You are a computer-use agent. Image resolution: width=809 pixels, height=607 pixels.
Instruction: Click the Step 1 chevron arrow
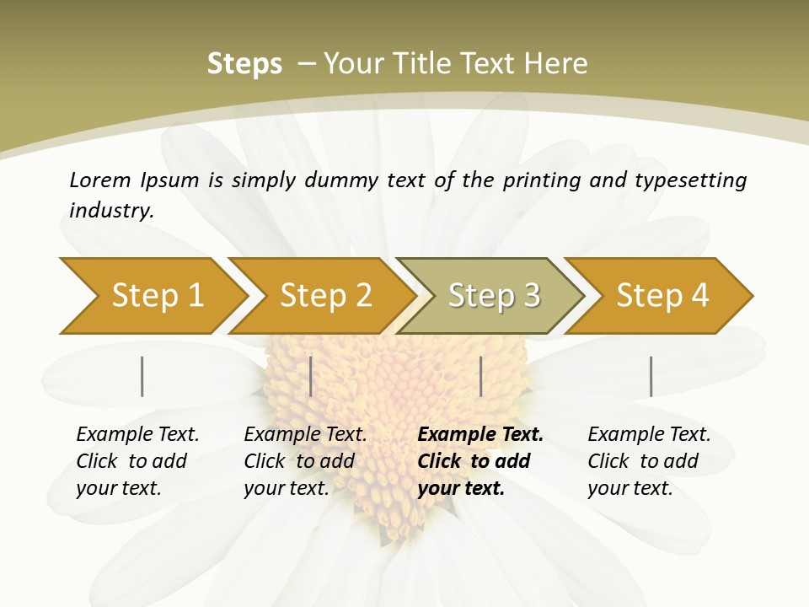(x=157, y=296)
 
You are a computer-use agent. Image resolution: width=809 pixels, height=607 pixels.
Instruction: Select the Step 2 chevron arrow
(x=325, y=296)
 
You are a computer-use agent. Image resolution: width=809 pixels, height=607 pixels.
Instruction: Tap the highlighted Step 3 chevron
(x=494, y=296)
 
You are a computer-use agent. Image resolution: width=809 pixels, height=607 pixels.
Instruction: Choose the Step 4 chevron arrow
(x=662, y=296)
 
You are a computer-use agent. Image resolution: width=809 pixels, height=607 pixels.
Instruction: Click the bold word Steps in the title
(x=244, y=64)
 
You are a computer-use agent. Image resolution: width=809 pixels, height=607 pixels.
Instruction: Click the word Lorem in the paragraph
(x=100, y=180)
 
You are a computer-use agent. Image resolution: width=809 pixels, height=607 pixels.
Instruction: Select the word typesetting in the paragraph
(x=690, y=180)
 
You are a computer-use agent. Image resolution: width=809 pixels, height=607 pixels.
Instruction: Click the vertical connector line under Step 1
(x=142, y=376)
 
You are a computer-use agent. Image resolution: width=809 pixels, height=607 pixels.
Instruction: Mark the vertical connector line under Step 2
(x=311, y=376)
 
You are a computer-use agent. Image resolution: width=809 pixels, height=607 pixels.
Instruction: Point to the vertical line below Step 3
(x=480, y=376)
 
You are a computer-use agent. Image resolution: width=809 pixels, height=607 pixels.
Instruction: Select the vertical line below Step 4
(x=651, y=376)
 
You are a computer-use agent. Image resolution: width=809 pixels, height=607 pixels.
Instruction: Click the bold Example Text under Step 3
(x=480, y=435)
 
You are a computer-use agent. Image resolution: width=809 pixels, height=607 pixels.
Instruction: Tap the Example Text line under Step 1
(x=137, y=435)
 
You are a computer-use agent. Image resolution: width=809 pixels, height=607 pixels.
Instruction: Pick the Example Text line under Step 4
(x=649, y=435)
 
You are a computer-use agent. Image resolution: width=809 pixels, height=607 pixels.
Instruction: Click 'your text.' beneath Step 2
(x=286, y=488)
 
